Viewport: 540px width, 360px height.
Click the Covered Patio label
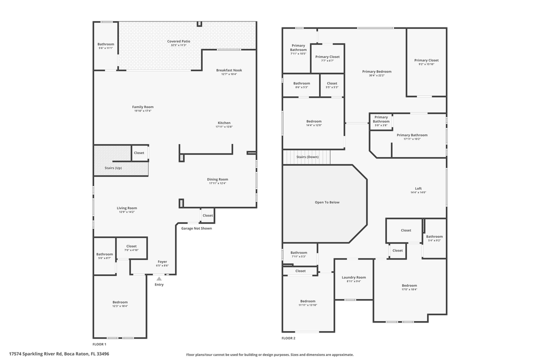tap(178, 41)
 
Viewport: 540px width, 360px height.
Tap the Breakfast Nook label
tap(229, 70)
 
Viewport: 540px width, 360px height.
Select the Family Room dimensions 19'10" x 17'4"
tap(142, 111)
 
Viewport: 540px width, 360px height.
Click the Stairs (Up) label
tap(113, 168)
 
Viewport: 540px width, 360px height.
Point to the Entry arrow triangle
tap(159, 279)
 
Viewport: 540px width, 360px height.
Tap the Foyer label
tap(162, 261)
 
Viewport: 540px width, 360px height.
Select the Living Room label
tap(127, 208)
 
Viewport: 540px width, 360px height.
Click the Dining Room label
tap(217, 179)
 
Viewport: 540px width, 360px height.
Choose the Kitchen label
tap(224, 122)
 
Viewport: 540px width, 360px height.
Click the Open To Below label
tap(327, 202)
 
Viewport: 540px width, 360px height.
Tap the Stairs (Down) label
tap(307, 157)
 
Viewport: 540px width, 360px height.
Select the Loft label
tap(418, 188)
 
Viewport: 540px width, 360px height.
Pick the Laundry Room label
tap(353, 277)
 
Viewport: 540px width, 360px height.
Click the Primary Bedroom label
tap(376, 71)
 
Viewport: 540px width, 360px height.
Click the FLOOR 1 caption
tap(99, 344)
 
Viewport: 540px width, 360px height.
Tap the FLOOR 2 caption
tap(288, 338)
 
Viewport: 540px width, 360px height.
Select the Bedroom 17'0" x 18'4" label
tap(409, 285)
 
